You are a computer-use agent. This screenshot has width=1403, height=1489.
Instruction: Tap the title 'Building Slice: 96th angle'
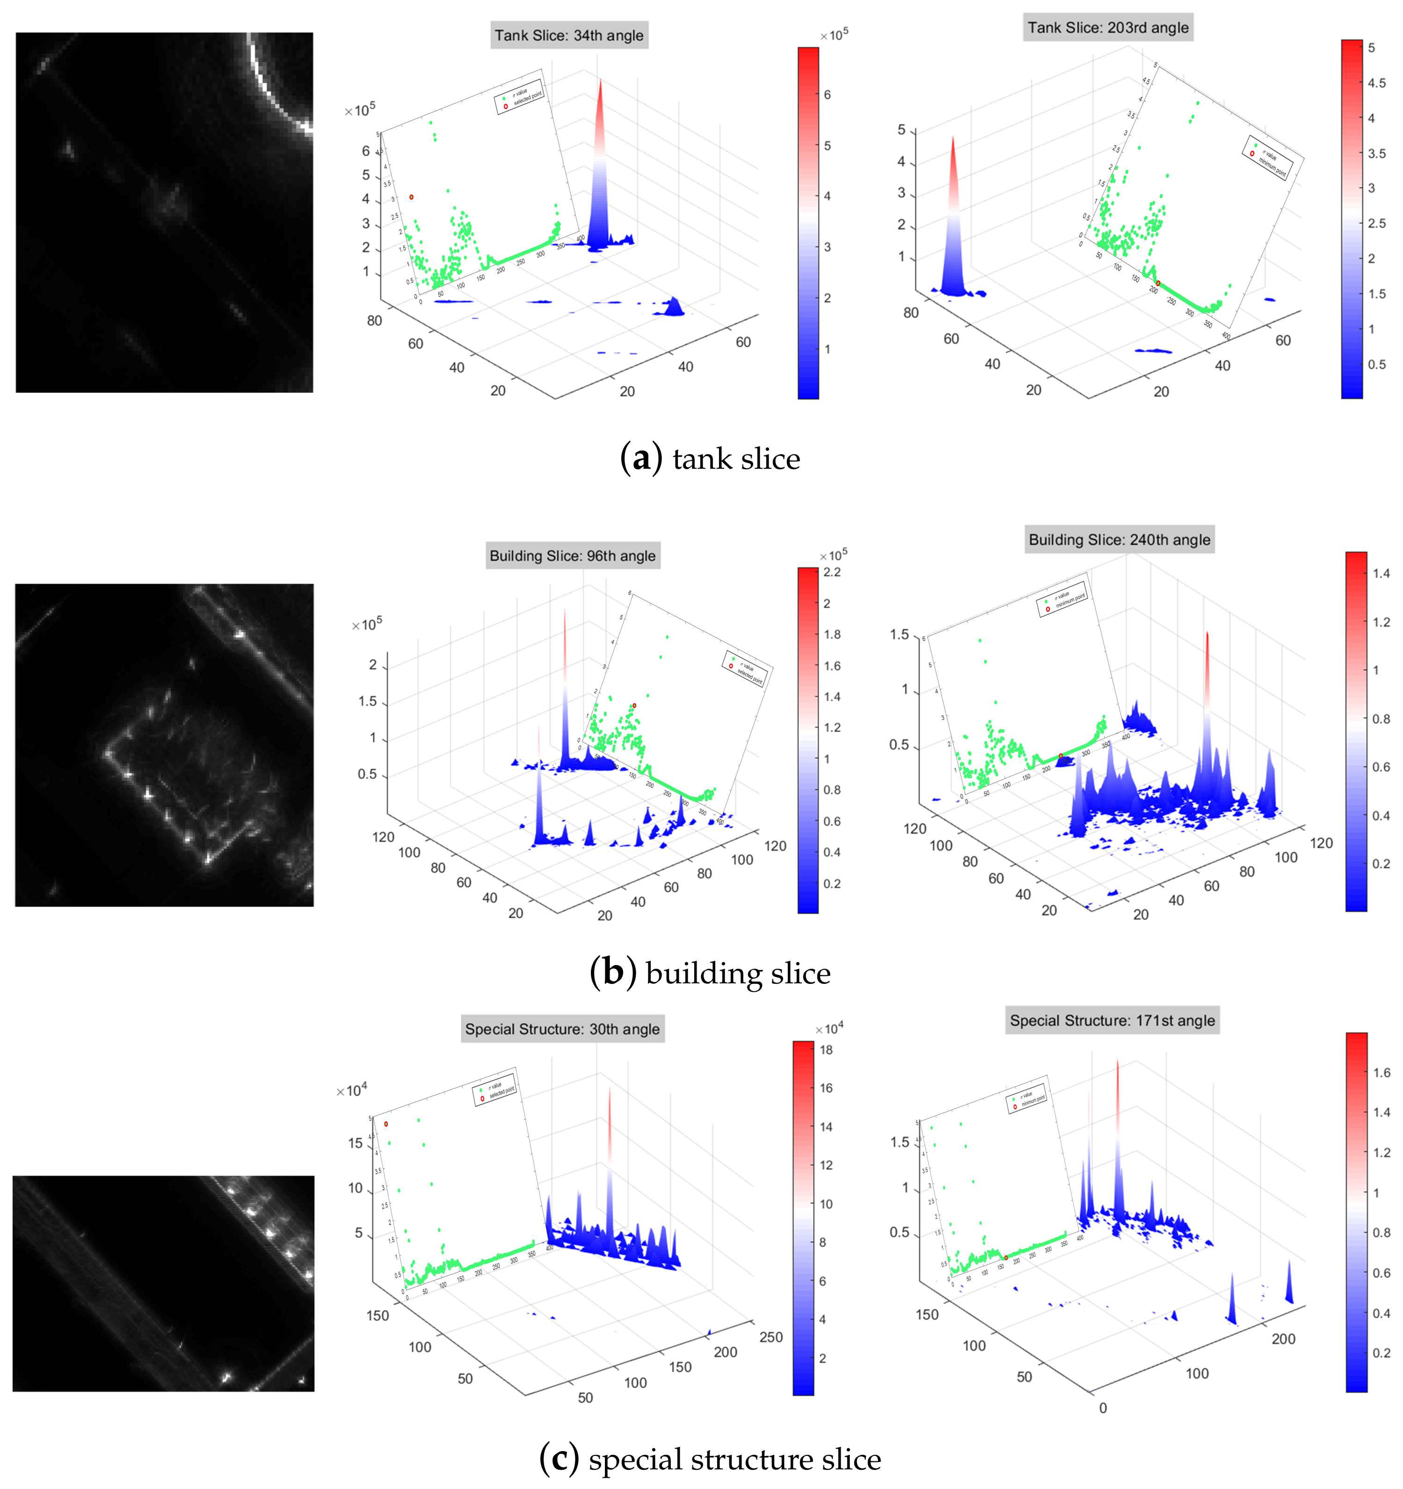tap(572, 556)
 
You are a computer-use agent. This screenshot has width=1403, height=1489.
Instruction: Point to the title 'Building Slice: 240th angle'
tap(1119, 539)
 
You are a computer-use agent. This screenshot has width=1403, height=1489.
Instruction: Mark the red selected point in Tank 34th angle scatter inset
tap(411, 197)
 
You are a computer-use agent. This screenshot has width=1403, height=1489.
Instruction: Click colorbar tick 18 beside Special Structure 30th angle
tap(826, 1050)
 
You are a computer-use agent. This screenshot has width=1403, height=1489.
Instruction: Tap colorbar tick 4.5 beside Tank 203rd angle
tap(1376, 83)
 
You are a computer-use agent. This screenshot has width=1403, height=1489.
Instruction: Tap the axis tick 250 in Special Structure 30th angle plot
tap(771, 1337)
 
